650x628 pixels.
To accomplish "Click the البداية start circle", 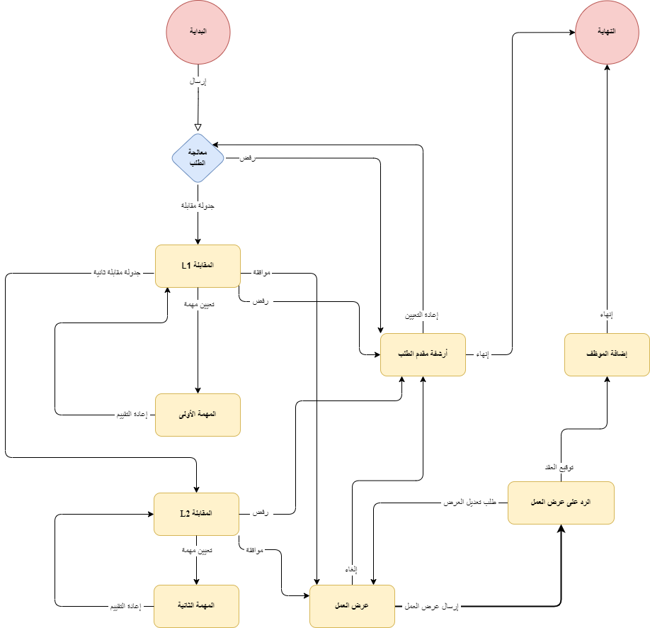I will (x=198, y=33).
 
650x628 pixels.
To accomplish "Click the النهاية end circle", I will (x=607, y=33).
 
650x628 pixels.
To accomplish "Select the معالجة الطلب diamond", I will (x=198, y=158).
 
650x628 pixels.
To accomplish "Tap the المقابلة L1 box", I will (x=198, y=266).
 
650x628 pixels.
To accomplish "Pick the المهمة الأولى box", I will (x=198, y=415).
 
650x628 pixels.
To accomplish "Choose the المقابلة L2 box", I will (x=198, y=513).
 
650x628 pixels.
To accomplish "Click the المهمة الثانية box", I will (x=198, y=606).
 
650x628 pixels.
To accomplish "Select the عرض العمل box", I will (x=352, y=606).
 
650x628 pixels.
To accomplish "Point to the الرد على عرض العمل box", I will (x=561, y=503).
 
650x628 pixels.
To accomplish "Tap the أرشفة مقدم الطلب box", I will (x=423, y=354).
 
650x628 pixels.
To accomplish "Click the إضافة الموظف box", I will (x=607, y=354).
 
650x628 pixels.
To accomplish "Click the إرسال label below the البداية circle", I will (x=198, y=82).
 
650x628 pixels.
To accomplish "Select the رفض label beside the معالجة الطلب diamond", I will (x=247, y=159).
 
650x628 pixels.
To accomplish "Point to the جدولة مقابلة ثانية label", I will (x=117, y=273).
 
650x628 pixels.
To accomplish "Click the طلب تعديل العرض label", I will (x=469, y=503).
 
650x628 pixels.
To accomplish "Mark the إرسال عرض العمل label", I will (x=432, y=607).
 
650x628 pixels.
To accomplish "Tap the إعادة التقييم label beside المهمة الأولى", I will (x=132, y=415).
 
